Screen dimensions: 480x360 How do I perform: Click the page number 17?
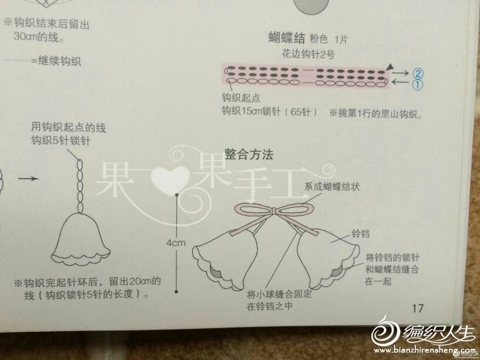coord(418,308)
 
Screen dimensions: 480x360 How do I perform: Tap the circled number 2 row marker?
coord(418,74)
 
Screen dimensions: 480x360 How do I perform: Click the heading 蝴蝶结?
coord(286,38)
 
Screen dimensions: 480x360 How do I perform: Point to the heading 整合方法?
coord(249,154)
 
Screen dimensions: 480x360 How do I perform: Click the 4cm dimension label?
coord(176,243)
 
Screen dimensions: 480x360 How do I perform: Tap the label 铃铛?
coord(361,234)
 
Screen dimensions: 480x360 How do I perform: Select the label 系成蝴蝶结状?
coord(332,186)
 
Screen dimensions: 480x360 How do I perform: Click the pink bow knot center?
coord(274,212)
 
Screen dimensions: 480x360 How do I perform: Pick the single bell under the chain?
coord(81,239)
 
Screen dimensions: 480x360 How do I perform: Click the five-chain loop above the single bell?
coord(80,186)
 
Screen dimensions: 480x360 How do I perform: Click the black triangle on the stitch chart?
coord(389,66)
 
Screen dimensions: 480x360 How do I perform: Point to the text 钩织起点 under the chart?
coord(241,98)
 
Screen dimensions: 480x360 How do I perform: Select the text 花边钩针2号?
coord(308,55)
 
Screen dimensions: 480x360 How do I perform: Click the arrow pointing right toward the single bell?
coord(28,178)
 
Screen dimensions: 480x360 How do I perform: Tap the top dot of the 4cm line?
coord(176,195)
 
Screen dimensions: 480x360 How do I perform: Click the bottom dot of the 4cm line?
coord(176,291)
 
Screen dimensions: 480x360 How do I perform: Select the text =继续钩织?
coord(56,61)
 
